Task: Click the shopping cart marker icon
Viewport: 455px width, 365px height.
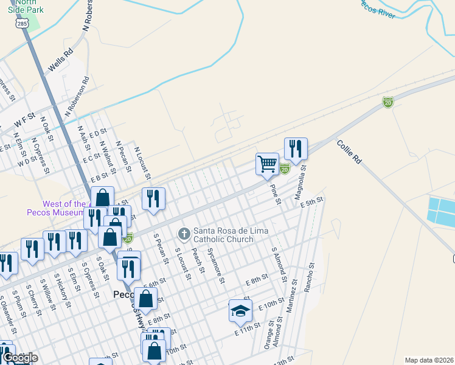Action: click(267, 164)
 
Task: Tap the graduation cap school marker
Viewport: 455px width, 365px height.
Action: click(240, 310)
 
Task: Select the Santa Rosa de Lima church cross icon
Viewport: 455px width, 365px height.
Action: click(184, 234)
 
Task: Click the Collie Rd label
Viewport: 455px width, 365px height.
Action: click(349, 153)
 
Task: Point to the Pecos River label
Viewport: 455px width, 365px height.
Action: click(378, 7)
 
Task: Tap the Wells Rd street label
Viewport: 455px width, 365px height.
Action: click(60, 62)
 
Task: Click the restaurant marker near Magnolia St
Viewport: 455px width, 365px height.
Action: click(296, 148)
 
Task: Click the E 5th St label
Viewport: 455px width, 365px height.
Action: click(311, 202)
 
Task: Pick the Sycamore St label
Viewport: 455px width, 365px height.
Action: click(215, 265)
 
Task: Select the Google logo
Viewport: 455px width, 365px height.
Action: click(20, 358)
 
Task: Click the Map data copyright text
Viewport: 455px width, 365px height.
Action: click(429, 360)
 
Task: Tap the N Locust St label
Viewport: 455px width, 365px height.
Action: click(142, 161)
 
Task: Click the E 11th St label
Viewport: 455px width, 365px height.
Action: click(248, 330)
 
